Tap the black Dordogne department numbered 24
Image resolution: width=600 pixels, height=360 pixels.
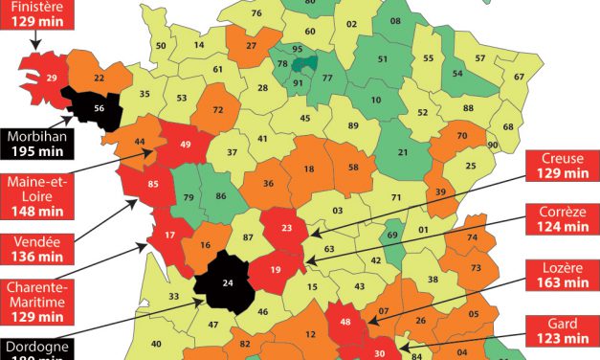pos(228,282)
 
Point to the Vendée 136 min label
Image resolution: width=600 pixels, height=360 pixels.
pos(38,247)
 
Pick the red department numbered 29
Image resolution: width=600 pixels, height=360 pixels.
pos(51,77)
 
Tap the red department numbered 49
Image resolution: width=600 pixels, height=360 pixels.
pos(186,145)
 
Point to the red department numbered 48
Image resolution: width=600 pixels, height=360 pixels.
pos(346,323)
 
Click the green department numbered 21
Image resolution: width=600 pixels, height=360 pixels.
pos(404,151)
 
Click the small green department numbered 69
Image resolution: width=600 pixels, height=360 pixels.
pos(390,235)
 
